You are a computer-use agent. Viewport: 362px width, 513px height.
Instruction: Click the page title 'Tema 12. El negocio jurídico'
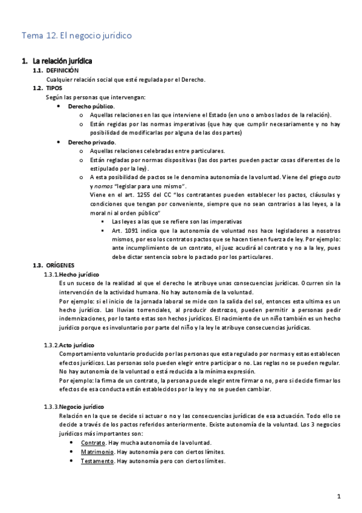(76, 36)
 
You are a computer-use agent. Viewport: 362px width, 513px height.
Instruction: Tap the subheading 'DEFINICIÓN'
(62, 71)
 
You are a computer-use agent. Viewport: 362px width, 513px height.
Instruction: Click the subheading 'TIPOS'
(54, 88)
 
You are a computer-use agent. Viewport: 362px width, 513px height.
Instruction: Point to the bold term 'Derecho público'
(91, 106)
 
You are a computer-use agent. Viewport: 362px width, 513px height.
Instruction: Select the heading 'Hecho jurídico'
(79, 275)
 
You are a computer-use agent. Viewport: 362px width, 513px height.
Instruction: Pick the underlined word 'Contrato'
(92, 443)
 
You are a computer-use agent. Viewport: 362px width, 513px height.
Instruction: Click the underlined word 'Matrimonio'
(97, 452)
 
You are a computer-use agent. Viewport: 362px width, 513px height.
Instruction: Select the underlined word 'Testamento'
(97, 461)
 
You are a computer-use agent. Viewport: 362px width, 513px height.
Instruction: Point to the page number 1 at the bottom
(339, 497)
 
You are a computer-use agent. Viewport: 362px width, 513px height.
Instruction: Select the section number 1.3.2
(51, 345)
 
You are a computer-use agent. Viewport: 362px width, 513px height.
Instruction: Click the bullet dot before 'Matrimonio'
(73, 452)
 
